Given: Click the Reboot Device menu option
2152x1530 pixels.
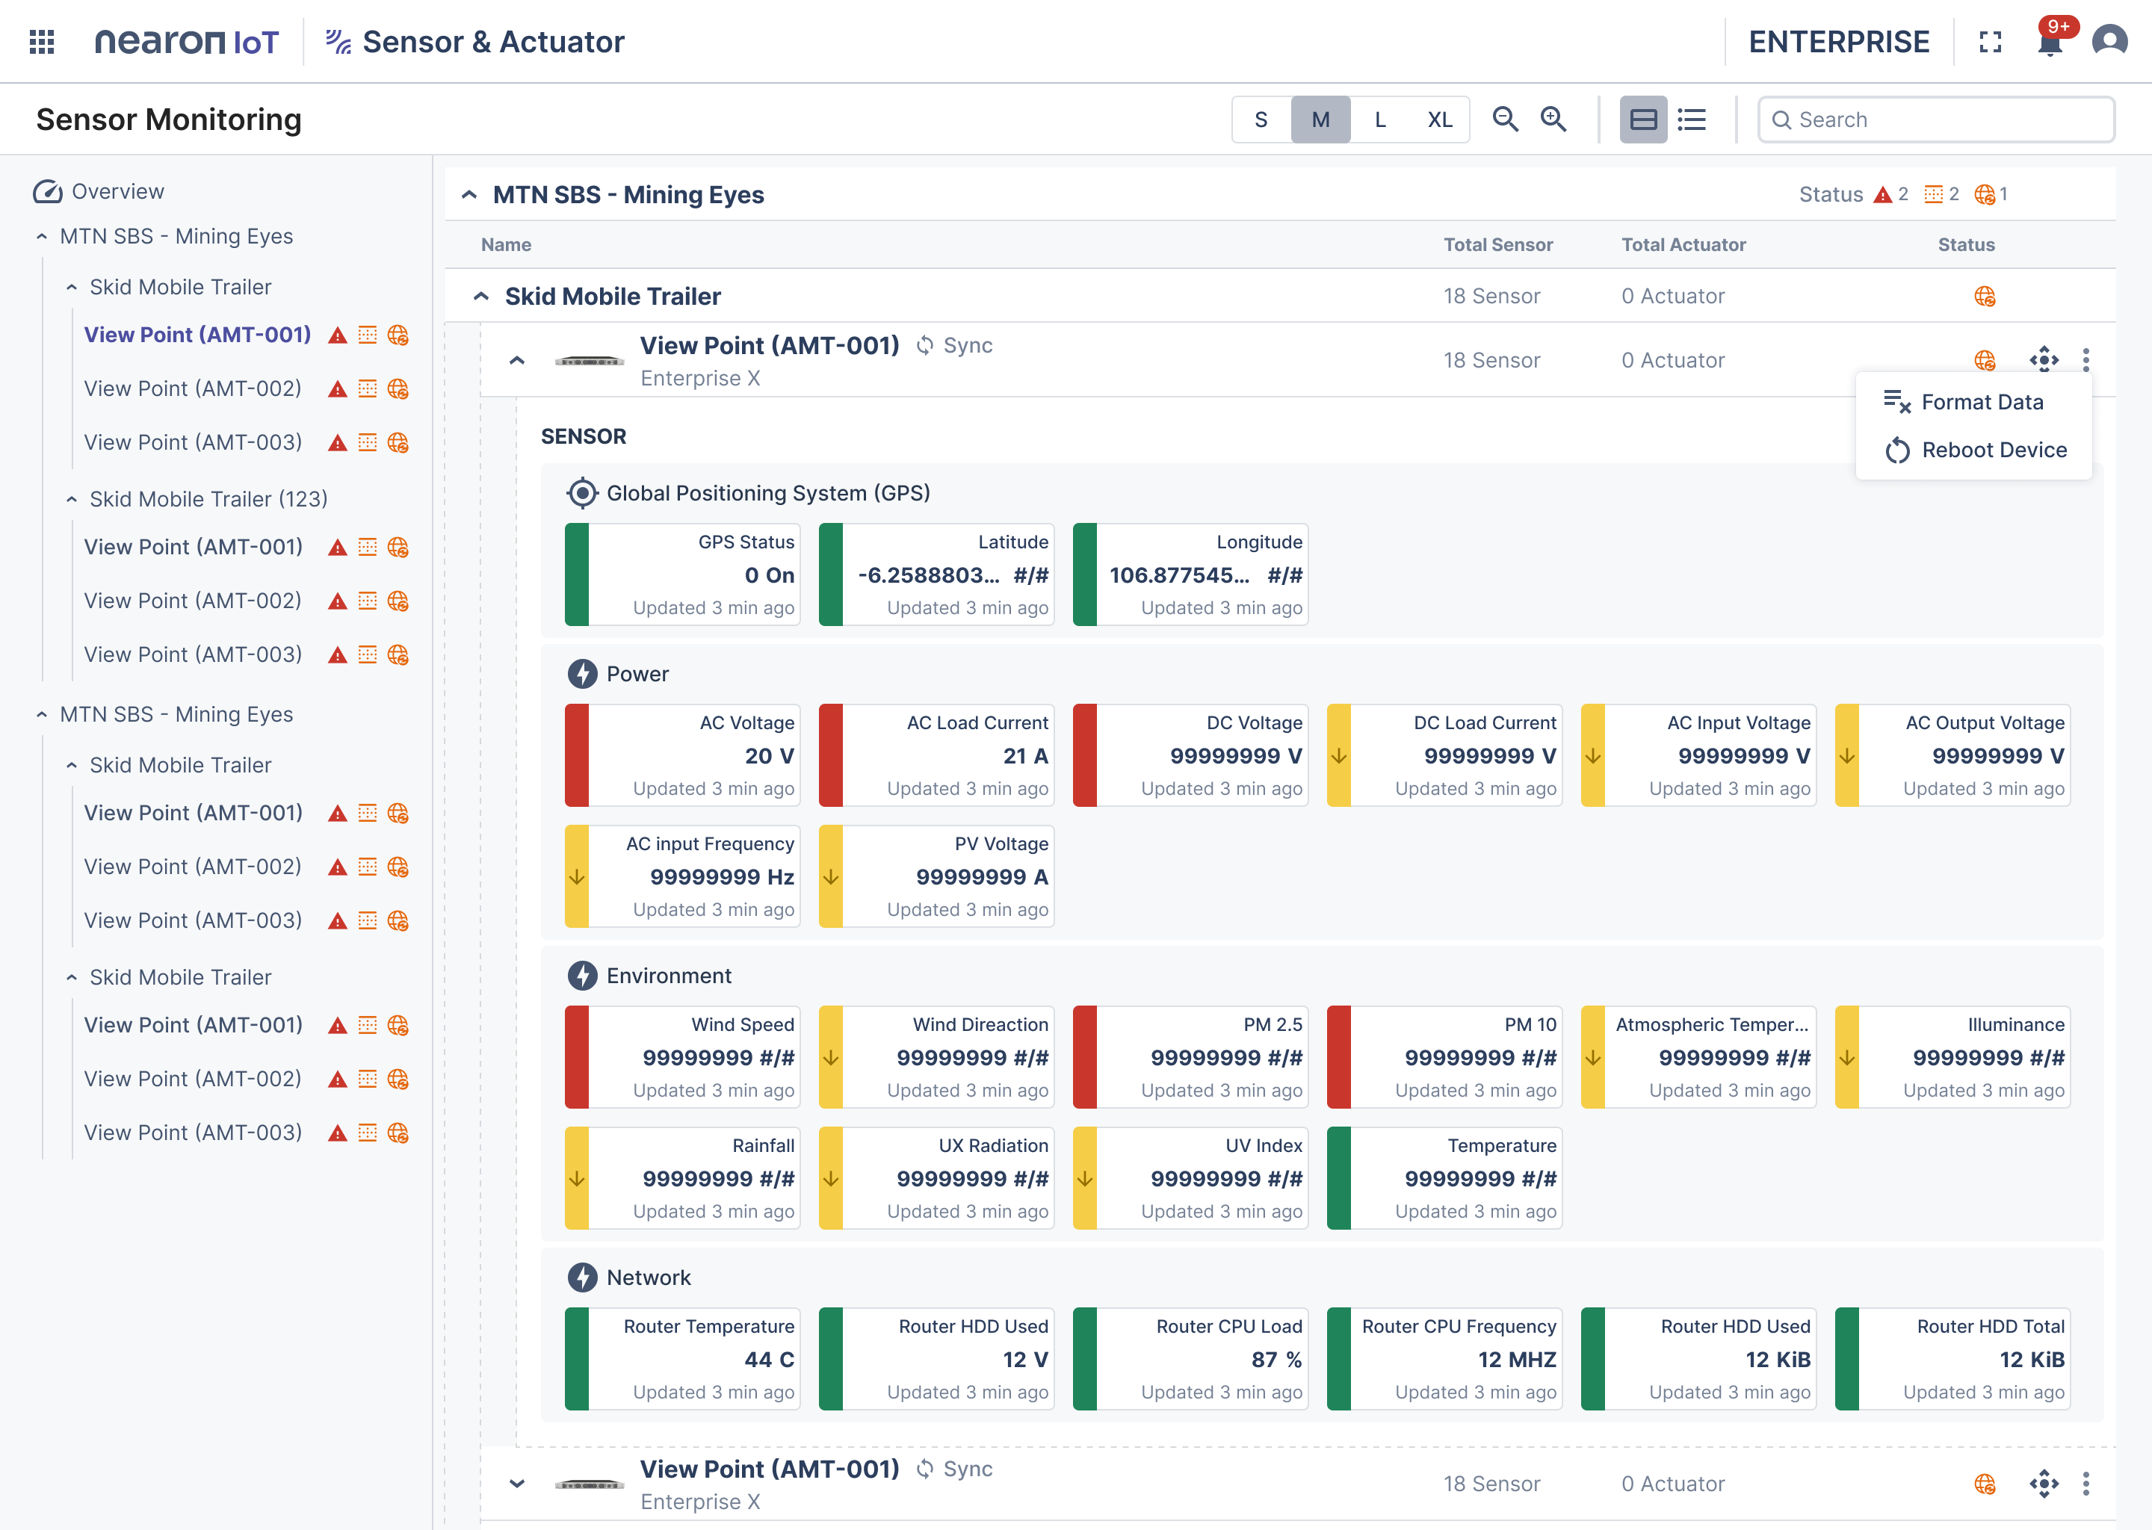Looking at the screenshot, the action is pos(1975,450).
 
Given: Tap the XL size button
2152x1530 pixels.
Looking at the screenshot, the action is pos(1440,120).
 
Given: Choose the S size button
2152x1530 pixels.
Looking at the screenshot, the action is pos(1261,120).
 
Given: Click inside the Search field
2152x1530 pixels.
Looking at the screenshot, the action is pos(1936,120).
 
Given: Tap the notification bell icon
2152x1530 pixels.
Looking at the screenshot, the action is pos(2050,41).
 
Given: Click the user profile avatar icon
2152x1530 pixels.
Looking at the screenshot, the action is pos(2109,41).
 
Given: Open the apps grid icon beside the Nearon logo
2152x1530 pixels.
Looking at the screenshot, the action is pos(41,41).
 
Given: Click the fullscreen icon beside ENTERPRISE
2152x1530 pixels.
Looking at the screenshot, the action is pos(1990,41).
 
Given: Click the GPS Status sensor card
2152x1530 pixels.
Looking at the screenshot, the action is pos(682,574).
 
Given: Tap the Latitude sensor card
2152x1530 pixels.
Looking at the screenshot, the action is pos(936,574).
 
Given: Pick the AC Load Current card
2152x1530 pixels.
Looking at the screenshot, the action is pos(936,755).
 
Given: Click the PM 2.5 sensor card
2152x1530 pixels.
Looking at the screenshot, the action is pos(1190,1057).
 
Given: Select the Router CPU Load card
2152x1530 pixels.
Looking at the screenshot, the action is pos(1190,1358).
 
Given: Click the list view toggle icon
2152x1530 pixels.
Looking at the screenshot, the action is pos(1692,120).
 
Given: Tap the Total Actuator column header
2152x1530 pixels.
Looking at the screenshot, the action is pos(1683,245).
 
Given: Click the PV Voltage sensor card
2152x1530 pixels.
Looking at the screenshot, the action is pos(936,876).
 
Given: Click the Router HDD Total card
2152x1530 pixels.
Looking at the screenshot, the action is pos(1952,1358).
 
